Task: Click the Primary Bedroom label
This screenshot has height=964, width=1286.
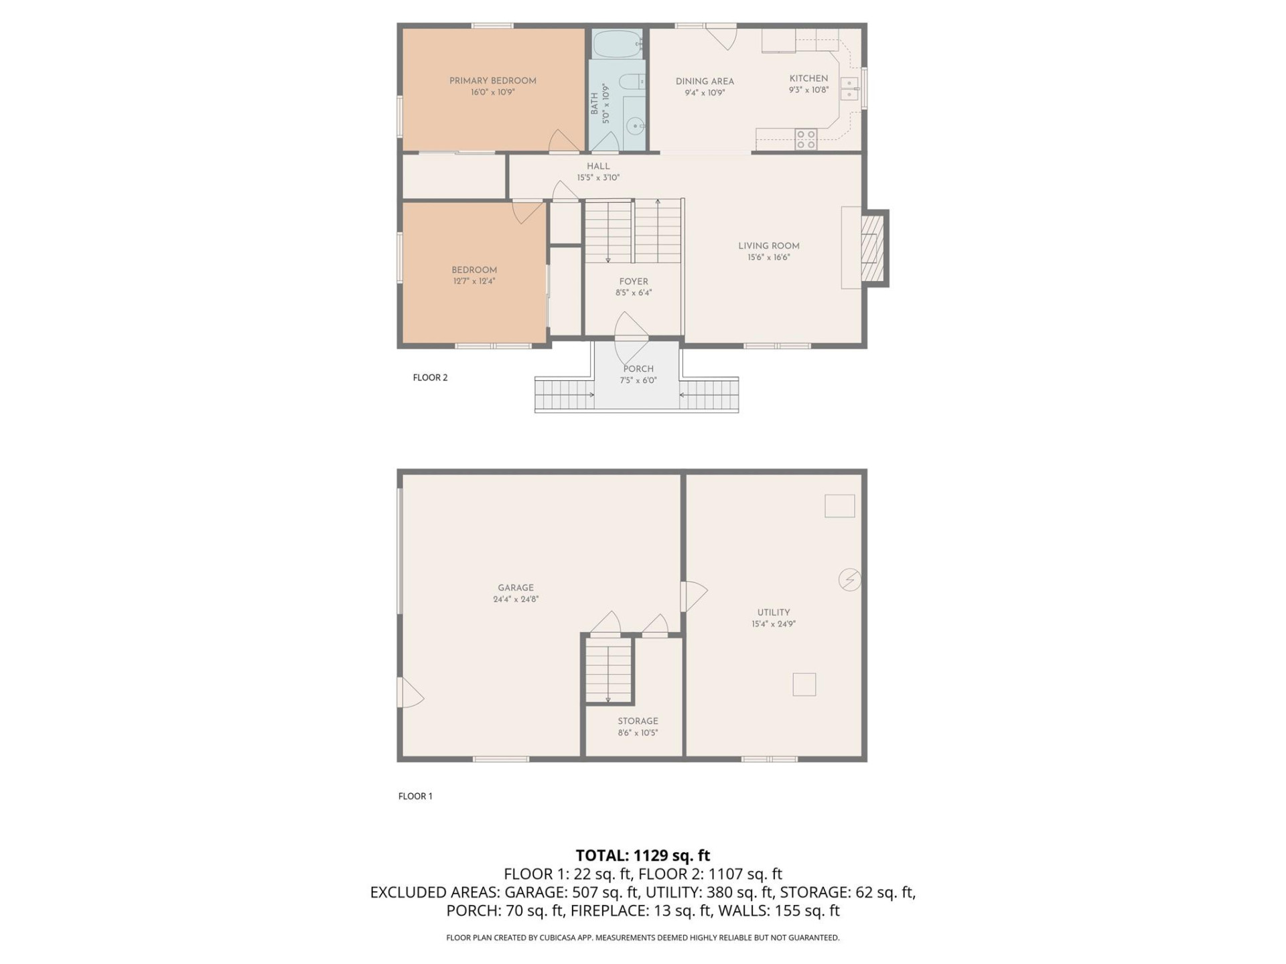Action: (x=492, y=81)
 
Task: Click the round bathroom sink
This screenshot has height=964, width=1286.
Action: (x=636, y=125)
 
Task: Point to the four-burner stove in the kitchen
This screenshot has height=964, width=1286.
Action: (x=806, y=139)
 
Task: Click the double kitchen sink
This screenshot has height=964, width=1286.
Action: (x=849, y=88)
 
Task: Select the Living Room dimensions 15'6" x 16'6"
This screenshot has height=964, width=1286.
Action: (x=769, y=258)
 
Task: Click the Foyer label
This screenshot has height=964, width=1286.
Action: (x=633, y=282)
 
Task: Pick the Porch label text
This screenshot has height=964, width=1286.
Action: (x=638, y=369)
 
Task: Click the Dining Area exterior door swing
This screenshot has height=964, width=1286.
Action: (x=723, y=37)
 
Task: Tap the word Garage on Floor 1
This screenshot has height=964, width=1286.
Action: (x=515, y=588)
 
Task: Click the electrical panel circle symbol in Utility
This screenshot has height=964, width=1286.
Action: (x=849, y=579)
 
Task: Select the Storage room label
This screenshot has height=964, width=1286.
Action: (x=638, y=721)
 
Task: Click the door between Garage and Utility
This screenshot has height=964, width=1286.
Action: (x=694, y=596)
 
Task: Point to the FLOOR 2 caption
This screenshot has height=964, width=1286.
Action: (x=430, y=378)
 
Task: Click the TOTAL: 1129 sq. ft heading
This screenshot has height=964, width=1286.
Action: (x=642, y=856)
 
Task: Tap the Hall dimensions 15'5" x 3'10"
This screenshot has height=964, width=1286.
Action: (x=598, y=178)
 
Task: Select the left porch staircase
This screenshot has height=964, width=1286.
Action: (x=565, y=394)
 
